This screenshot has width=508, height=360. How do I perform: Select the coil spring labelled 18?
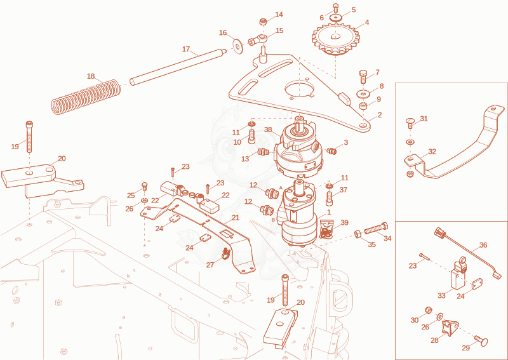(86, 97)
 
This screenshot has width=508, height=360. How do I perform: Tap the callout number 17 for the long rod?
(185, 50)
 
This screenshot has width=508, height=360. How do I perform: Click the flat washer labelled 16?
(239, 46)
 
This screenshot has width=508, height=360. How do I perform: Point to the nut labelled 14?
(263, 22)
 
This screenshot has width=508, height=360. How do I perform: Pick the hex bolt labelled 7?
(363, 77)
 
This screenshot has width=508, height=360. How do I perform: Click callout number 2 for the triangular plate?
(379, 115)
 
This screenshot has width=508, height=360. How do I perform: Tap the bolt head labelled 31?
(410, 123)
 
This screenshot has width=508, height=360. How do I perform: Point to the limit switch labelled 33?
(458, 275)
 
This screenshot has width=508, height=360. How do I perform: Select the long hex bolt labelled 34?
(376, 229)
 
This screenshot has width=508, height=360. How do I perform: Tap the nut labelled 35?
(358, 234)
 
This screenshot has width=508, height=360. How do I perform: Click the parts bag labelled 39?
(326, 229)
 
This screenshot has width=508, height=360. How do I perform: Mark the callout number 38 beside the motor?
(268, 130)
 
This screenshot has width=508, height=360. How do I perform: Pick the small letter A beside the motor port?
(281, 187)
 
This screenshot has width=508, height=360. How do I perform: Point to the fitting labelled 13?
(263, 152)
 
